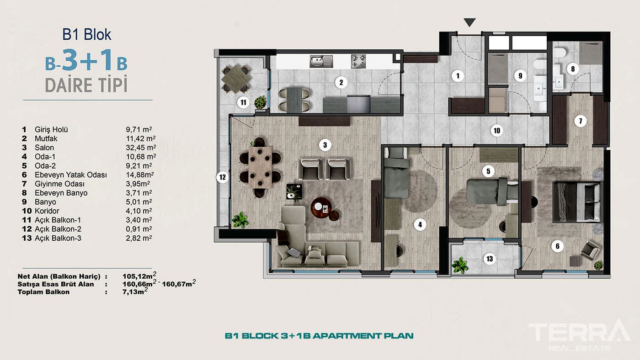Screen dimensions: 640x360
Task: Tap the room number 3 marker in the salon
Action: click(x=325, y=145)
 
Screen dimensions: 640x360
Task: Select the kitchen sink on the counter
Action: click(x=321, y=61)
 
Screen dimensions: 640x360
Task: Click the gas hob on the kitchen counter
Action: click(x=358, y=61)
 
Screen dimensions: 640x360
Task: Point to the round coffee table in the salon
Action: click(x=321, y=207)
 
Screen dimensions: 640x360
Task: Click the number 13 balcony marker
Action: click(x=490, y=259)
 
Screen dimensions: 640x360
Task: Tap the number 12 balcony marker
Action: click(x=222, y=177)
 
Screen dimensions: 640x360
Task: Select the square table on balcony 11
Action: click(x=236, y=79)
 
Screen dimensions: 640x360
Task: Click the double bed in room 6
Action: click(x=576, y=202)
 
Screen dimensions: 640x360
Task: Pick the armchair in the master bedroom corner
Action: click(x=591, y=250)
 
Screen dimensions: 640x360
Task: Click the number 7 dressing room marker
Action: click(x=580, y=121)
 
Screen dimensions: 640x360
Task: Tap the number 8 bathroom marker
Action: click(x=572, y=69)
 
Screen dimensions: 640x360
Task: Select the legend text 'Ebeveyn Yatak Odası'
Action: click(x=70, y=175)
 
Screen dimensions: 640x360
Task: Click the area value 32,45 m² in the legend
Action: click(x=141, y=148)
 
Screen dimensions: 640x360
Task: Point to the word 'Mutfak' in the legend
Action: click(x=46, y=138)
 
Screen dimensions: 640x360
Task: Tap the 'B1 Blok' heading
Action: click(x=86, y=34)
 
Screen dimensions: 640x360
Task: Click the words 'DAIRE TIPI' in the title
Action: click(x=86, y=85)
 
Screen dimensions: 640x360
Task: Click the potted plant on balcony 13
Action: click(x=460, y=265)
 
